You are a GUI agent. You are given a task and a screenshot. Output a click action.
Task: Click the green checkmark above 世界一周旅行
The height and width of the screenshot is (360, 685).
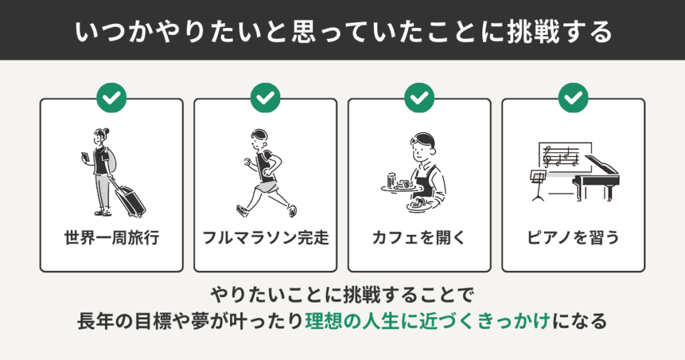click(x=112, y=98)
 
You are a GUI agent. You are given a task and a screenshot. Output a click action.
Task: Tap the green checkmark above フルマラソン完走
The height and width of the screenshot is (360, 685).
click(x=266, y=98)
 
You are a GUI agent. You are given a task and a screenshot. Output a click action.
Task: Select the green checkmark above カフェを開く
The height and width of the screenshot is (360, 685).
click(x=419, y=98)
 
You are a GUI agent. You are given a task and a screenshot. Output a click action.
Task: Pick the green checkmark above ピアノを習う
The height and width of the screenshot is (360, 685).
click(x=573, y=98)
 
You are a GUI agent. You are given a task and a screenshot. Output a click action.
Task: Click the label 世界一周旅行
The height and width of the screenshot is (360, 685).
click(x=112, y=238)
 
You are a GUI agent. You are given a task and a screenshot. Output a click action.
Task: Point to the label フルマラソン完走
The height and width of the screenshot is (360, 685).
click(x=266, y=238)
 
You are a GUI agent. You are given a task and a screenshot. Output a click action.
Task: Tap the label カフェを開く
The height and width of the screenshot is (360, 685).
click(x=419, y=238)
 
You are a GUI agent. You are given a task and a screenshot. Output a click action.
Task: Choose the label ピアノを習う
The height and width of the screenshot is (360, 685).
click(x=573, y=238)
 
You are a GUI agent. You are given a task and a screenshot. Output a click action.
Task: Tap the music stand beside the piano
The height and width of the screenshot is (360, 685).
click(x=536, y=183)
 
